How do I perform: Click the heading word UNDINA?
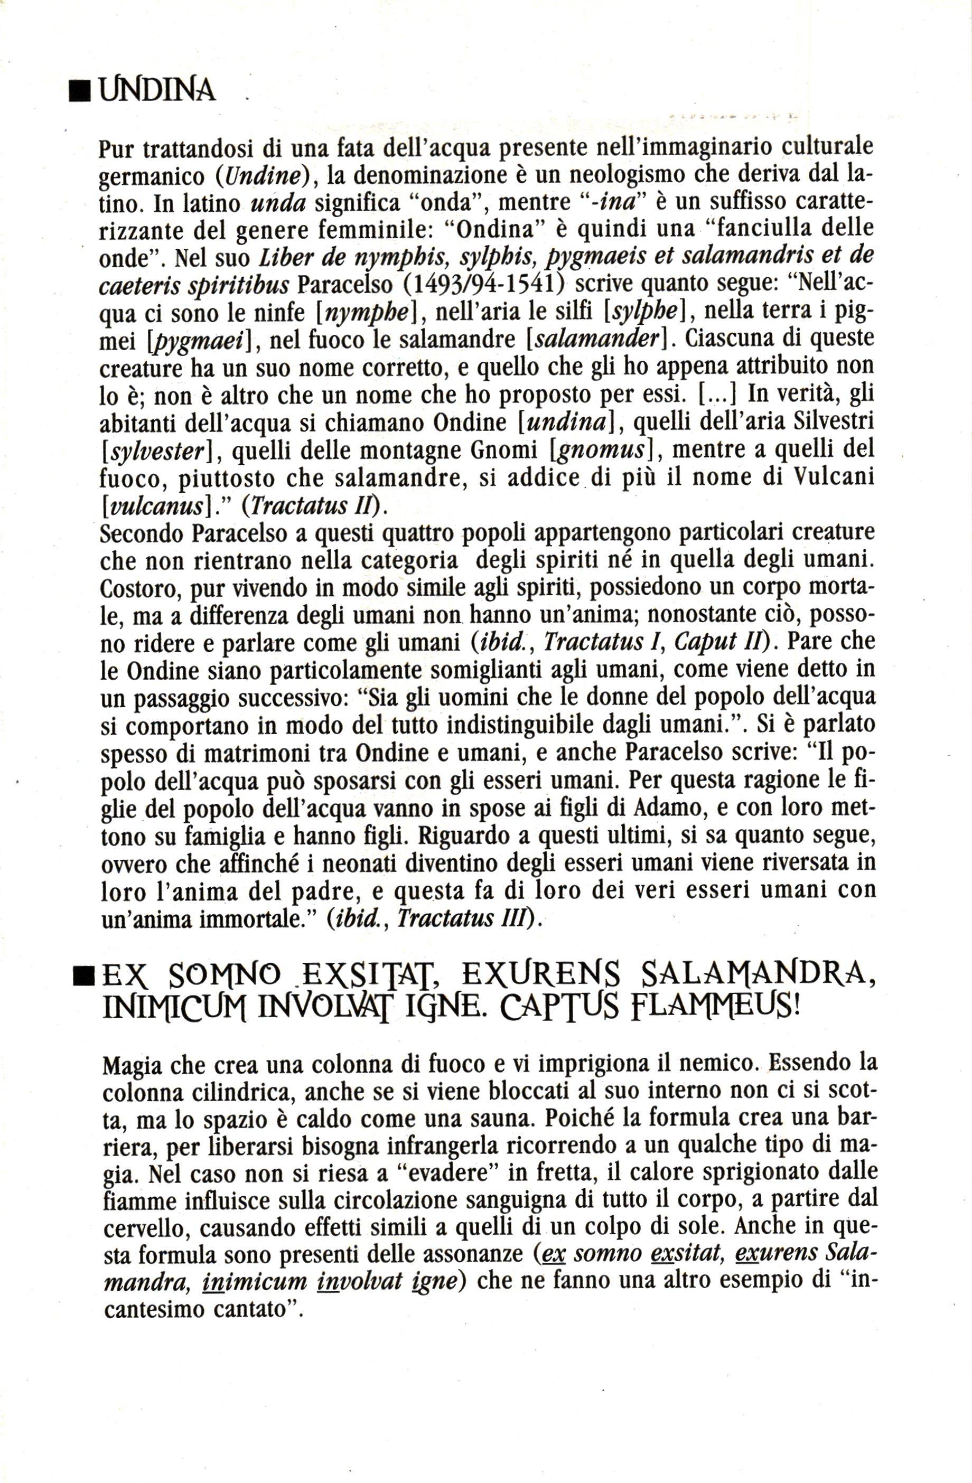pyautogui.click(x=157, y=91)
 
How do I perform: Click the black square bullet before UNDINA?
pyautogui.click(x=79, y=92)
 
